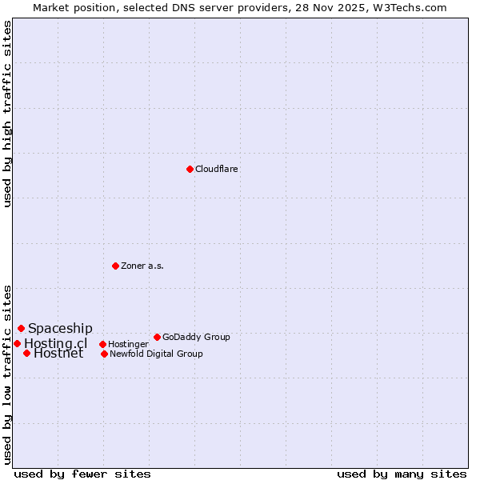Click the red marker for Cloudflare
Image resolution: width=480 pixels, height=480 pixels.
(x=190, y=169)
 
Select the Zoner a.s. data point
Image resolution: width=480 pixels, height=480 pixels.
(x=115, y=266)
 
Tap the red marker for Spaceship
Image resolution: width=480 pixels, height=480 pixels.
(x=21, y=328)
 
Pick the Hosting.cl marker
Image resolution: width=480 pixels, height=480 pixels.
(x=17, y=343)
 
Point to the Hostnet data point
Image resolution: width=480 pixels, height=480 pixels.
(x=26, y=353)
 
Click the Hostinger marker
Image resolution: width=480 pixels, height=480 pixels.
(x=102, y=344)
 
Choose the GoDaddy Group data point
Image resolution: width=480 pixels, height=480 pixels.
(x=157, y=337)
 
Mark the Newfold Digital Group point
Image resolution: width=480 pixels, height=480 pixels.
(x=104, y=354)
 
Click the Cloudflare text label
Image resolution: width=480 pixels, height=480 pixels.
(x=217, y=169)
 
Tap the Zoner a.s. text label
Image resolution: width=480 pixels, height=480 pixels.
(x=142, y=266)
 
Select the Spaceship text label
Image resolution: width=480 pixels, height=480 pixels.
(x=60, y=328)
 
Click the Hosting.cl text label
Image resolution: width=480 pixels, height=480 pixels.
(x=55, y=343)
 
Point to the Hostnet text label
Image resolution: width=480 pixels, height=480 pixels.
(x=58, y=354)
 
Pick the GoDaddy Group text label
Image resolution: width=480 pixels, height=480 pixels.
(x=196, y=337)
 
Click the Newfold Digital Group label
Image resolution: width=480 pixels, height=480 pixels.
(x=156, y=354)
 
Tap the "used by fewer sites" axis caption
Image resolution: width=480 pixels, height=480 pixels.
(x=82, y=474)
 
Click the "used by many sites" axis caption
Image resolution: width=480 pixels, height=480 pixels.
(x=402, y=474)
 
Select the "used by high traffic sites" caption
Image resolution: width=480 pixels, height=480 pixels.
(x=7, y=114)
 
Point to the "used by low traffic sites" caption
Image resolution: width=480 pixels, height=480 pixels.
(x=7, y=374)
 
